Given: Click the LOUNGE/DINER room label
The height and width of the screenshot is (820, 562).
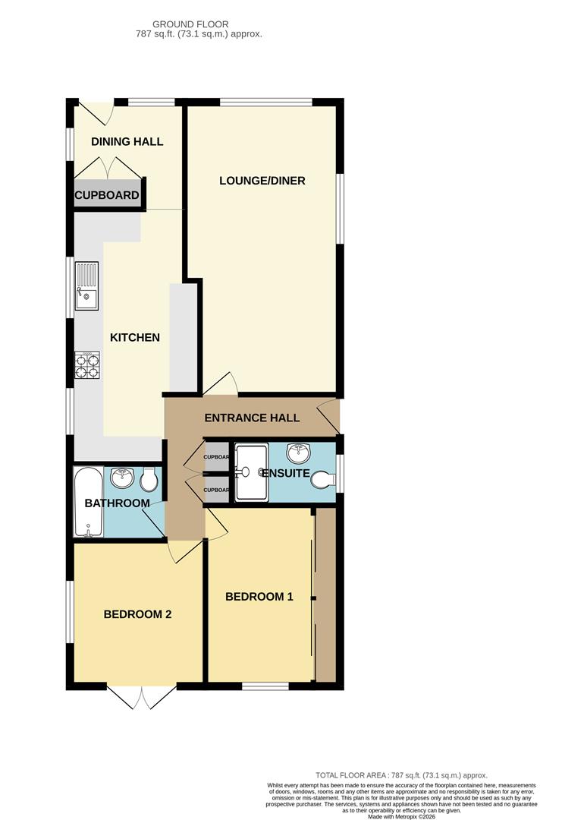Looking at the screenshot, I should point(262,181).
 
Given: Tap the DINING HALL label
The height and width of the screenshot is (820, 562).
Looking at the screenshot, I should point(127,141).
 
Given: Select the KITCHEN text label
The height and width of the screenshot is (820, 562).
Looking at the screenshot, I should point(135,337).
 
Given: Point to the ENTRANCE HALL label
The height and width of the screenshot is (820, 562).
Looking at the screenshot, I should point(252,418).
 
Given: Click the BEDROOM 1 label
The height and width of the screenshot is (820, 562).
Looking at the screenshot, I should point(259,597).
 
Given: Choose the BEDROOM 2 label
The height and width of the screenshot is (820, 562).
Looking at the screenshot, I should point(137,614).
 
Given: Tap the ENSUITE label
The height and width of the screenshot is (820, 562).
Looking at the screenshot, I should point(285,473).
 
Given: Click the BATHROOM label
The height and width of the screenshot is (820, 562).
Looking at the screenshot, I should point(117,503).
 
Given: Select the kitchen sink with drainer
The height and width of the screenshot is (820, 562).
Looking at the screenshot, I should point(87,286).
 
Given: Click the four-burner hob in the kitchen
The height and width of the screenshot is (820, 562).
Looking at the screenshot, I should point(87,366).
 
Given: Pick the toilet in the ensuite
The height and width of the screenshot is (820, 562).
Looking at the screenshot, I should point(324,480).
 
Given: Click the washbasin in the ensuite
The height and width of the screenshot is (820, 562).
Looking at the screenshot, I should point(300,453).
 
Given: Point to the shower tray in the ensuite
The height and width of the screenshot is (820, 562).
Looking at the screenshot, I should point(250,472).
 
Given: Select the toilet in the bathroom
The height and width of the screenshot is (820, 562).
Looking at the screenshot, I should point(149,478).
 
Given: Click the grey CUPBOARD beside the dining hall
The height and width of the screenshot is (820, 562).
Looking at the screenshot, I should point(107,195).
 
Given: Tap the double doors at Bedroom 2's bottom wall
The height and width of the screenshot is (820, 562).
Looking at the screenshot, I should point(142,697).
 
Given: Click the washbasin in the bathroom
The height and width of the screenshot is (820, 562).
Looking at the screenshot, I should point(121,478).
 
